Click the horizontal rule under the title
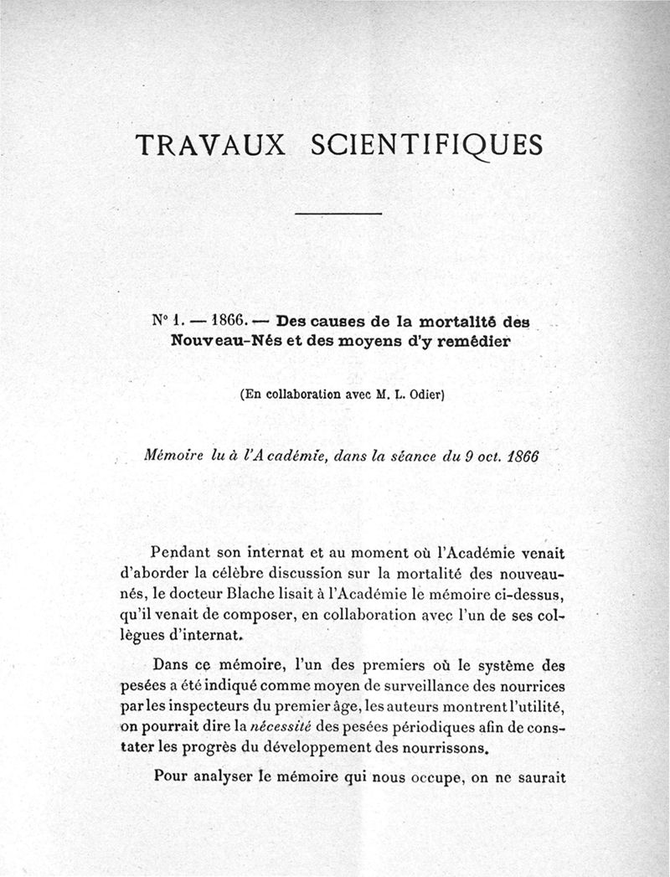[339, 214]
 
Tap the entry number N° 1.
[167, 320]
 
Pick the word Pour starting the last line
[170, 776]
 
